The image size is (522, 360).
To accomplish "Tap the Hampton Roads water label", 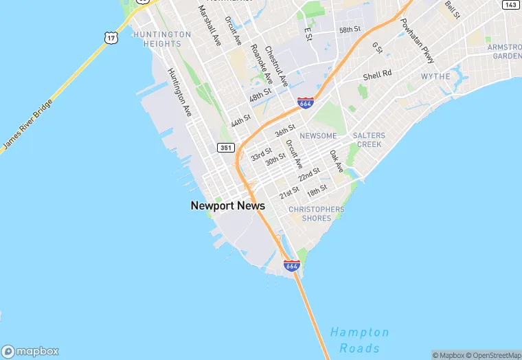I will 359,340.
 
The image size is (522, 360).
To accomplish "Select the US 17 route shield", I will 111,38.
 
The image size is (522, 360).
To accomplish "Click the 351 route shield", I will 225,148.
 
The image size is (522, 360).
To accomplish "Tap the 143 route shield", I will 510,5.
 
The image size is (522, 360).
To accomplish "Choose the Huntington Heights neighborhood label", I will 162,38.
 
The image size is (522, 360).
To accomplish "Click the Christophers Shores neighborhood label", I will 317,214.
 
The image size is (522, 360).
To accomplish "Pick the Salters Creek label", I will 369,140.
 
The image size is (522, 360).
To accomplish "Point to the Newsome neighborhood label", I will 318,136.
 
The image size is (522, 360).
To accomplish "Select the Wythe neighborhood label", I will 435,76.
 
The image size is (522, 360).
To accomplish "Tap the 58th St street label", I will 350,30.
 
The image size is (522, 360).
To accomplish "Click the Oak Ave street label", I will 336,161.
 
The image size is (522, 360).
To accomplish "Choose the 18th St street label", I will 317,190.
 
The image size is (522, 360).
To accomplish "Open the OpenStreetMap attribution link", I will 494,355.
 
